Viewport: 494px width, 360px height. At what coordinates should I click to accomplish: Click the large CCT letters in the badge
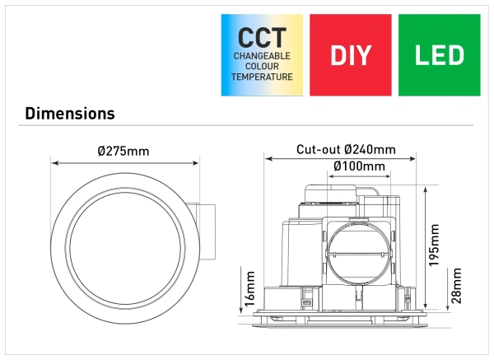coord(263,38)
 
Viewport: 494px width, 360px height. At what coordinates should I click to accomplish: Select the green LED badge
coord(439,55)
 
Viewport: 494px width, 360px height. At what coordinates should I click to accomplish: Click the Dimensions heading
coord(70,113)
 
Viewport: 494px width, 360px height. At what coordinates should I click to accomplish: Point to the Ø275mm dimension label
coord(123,152)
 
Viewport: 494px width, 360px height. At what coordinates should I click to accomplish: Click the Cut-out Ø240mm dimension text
coord(346,150)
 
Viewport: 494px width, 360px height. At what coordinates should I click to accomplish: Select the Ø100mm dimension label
coord(359,166)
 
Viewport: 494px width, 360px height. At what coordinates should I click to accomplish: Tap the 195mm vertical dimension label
coord(435,240)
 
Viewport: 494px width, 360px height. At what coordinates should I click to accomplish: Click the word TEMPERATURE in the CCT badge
coord(263,77)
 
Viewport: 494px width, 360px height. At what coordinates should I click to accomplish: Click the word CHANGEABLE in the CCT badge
coord(263,56)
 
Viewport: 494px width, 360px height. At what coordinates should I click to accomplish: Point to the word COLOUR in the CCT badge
coord(263,66)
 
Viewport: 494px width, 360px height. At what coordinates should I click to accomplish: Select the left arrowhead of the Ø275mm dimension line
coord(54,163)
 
